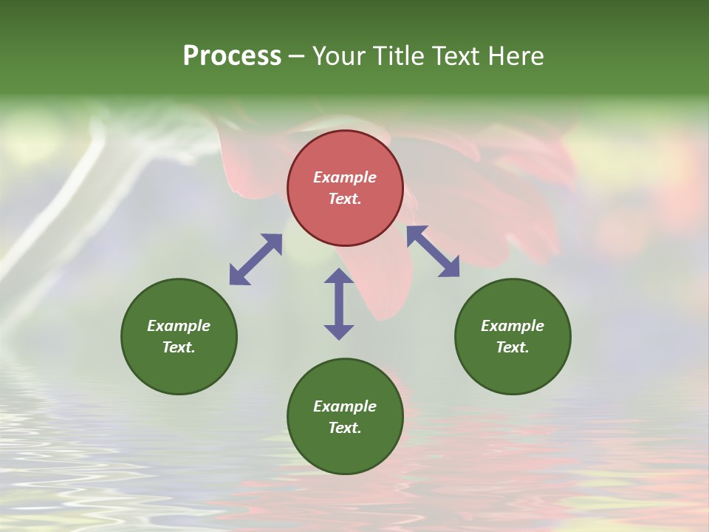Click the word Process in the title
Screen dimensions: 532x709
pos(232,56)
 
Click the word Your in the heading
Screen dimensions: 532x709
pos(339,56)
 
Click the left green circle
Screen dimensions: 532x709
pos(179,369)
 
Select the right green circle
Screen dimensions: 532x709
pos(513,369)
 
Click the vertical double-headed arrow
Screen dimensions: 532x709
pos(339,304)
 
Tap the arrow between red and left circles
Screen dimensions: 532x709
pos(256,259)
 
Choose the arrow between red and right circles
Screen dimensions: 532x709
pos(434,251)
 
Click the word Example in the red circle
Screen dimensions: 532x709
pos(345,177)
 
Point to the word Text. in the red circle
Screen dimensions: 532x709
pos(345,199)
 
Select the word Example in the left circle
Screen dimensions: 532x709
pos(179,326)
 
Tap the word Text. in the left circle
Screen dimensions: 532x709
pos(179,347)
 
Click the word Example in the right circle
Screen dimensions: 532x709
pos(513,326)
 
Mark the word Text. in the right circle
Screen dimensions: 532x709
pos(513,347)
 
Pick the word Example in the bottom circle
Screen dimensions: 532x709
pos(345,406)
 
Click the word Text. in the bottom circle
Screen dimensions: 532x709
pos(345,428)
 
